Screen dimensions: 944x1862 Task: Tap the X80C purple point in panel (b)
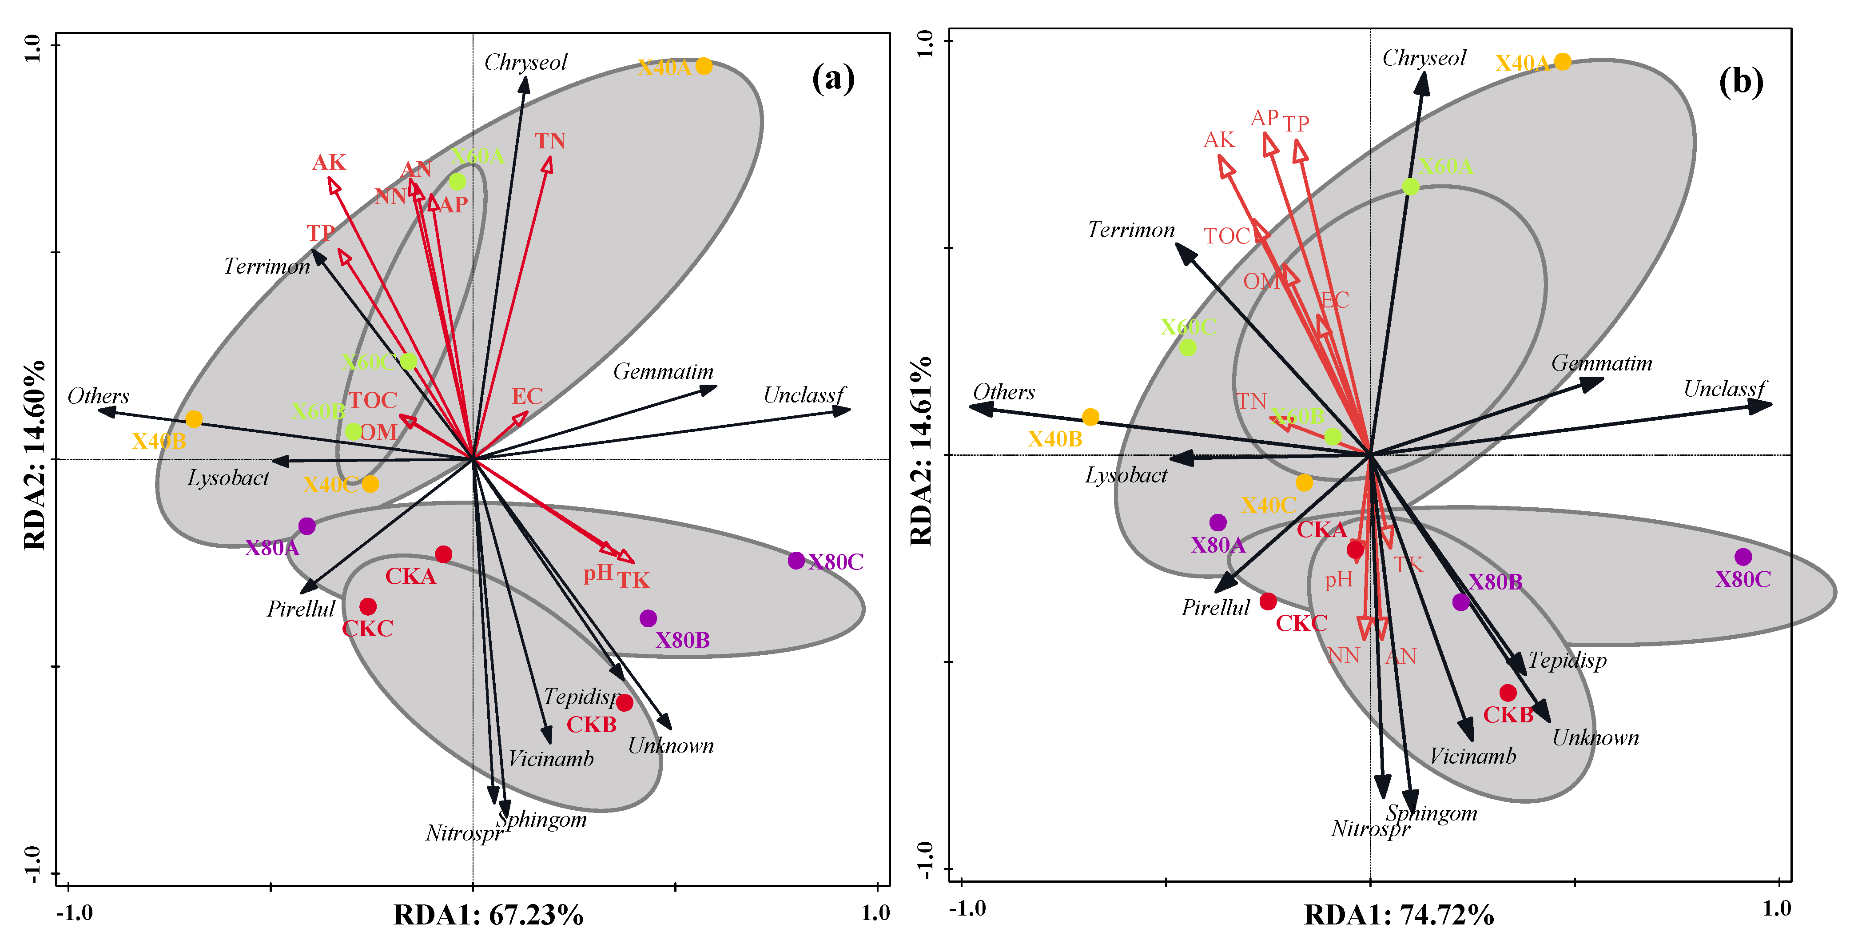click(1743, 557)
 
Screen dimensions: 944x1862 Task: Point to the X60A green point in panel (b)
click(1410, 187)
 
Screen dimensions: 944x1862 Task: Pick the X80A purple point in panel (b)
click(1218, 522)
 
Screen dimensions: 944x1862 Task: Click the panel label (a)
click(833, 78)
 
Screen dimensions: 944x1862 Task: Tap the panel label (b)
click(1741, 82)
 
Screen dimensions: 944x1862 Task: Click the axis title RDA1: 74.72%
click(1399, 915)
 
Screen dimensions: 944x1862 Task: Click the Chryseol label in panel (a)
click(525, 62)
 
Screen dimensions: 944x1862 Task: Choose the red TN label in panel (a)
click(550, 141)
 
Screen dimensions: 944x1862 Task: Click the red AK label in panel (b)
click(1219, 139)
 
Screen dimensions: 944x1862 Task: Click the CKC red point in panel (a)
click(368, 606)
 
